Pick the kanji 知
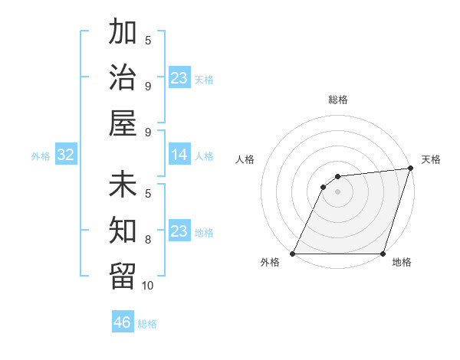coord(123,229)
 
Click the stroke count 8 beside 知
coord(148,239)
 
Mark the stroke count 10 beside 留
coord(148,285)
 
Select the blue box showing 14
coord(179,155)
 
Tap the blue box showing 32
coord(65,155)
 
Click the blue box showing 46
coord(123,322)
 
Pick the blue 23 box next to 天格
coord(179,78)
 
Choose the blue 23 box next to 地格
coord(179,231)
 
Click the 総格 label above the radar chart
coord(338,100)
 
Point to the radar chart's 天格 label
coord(431,159)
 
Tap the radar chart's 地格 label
coord(402,262)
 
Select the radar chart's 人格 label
coord(245,159)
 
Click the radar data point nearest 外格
coord(293,254)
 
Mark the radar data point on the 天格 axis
coord(411,169)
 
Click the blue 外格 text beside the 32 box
coord(41,156)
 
